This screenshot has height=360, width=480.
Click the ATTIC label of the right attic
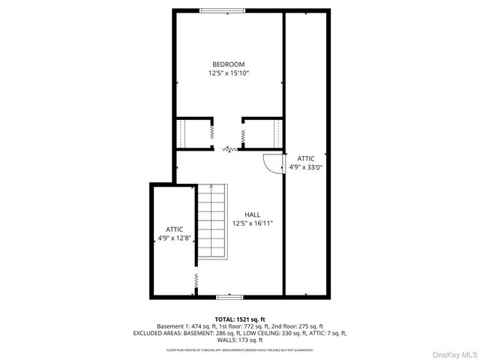(305, 158)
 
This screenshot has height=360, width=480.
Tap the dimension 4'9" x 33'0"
(305, 168)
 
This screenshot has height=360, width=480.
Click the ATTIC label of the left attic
(175, 229)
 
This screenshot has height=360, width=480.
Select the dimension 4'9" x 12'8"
(175, 238)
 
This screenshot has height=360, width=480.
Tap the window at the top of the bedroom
(222, 10)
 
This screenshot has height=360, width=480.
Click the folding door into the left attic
(196, 283)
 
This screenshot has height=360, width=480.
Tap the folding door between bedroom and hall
(229, 149)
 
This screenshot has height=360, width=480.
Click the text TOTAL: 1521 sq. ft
(239, 319)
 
